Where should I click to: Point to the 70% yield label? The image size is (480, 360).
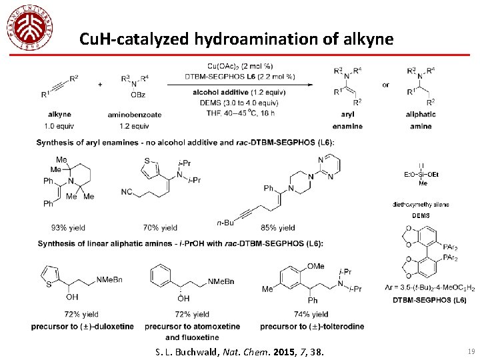160,228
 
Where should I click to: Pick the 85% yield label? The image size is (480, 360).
278,228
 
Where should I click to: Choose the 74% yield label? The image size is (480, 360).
311,314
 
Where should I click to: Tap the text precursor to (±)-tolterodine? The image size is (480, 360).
312,326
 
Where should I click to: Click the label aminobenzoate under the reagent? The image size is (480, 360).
134,114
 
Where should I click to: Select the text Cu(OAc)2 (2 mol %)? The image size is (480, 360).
239,66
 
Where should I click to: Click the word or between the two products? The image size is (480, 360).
385,85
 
